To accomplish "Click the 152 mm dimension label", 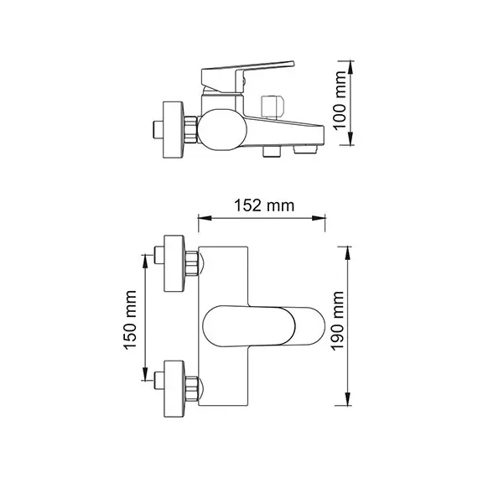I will point(261,205).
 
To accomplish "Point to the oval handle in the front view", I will point(262,324).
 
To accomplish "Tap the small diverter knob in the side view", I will point(271,107).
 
